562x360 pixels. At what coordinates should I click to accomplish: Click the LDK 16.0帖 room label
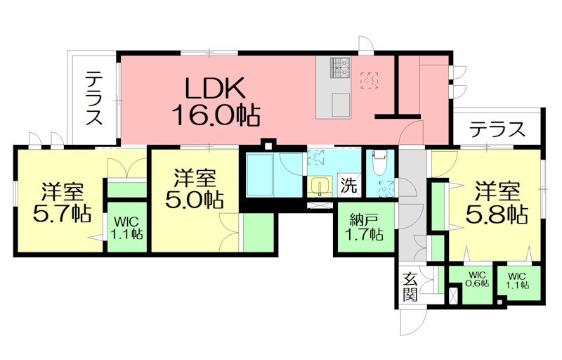[215, 100]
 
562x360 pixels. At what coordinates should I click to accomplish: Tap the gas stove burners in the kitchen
[341, 67]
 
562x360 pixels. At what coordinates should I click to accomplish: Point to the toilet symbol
[380, 165]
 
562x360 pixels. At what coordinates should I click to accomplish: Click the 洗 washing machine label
[348, 187]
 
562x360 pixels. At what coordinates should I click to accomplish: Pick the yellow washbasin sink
[321, 187]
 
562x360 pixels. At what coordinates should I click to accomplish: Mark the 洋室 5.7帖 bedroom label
[62, 202]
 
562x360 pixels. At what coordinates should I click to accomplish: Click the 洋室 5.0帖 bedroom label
[195, 188]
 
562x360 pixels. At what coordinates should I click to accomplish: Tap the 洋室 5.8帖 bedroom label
[497, 202]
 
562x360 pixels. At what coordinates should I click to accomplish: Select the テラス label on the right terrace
[497, 129]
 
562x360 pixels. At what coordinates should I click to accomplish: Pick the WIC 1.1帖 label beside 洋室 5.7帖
[126, 227]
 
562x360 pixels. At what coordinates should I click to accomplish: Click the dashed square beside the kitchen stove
[368, 80]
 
